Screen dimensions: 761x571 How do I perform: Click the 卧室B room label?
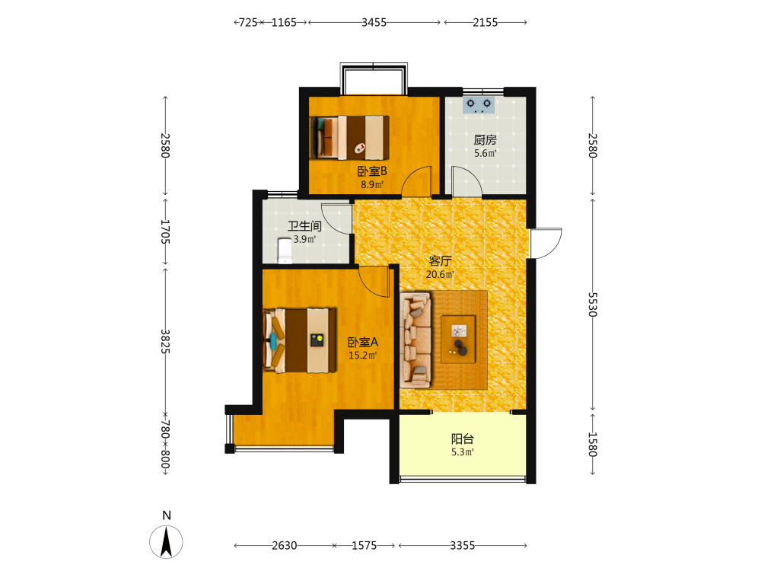372,171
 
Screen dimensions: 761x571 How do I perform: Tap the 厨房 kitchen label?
486,140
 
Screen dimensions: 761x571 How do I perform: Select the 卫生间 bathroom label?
305,226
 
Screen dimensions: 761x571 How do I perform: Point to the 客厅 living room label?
440,260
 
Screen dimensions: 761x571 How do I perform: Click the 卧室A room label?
363,343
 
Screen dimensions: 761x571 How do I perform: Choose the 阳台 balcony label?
463,439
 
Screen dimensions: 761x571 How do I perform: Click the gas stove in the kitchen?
479,105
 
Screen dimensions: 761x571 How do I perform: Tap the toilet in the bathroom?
285,250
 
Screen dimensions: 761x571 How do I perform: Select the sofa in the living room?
416,340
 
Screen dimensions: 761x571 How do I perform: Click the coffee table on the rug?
458,339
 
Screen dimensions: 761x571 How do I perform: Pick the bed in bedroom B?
349,137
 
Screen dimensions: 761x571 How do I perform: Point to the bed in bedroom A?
299,340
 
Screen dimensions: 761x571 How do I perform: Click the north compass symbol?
167,541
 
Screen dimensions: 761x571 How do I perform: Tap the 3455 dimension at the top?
374,22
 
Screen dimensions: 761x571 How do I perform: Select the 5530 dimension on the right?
592,305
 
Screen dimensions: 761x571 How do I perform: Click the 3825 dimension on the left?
165,342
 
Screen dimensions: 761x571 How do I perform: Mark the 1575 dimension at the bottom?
364,546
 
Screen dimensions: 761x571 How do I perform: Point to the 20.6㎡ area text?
440,274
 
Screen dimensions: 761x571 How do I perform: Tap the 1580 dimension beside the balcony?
592,445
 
